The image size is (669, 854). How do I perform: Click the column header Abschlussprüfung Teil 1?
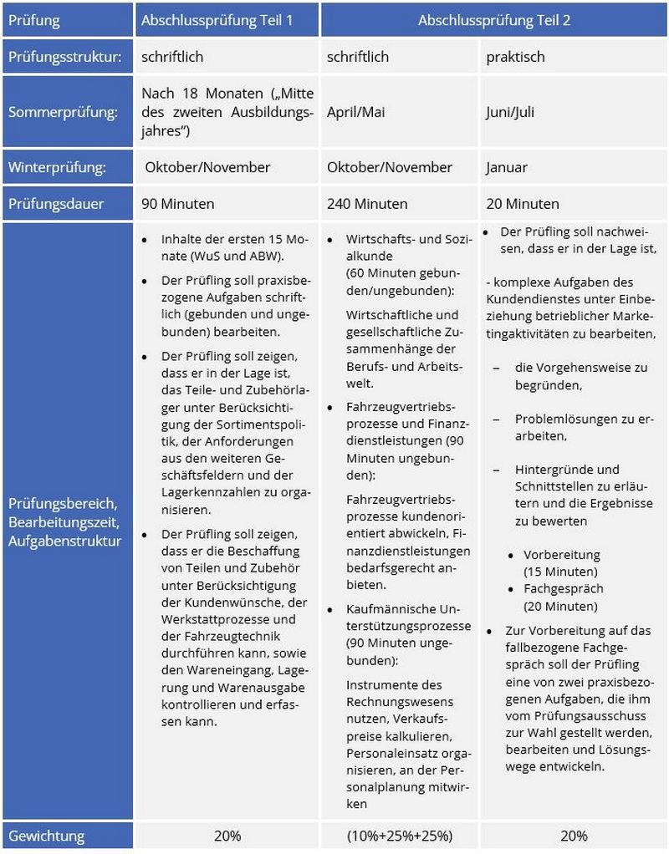[217, 20]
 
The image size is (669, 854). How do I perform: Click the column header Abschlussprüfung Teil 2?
[494, 20]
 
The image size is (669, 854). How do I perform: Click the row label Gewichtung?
[46, 836]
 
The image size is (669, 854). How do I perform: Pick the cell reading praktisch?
[514, 58]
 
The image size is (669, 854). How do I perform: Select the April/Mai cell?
[355, 112]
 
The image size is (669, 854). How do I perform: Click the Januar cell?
[507, 167]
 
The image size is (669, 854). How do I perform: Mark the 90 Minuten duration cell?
[177, 203]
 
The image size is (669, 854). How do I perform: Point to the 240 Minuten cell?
[367, 203]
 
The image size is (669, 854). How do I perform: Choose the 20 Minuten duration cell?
[523, 203]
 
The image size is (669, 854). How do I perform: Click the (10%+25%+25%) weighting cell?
[399, 836]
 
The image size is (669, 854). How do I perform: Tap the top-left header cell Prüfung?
[35, 20]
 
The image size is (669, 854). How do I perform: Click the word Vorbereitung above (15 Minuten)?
[561, 555]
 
